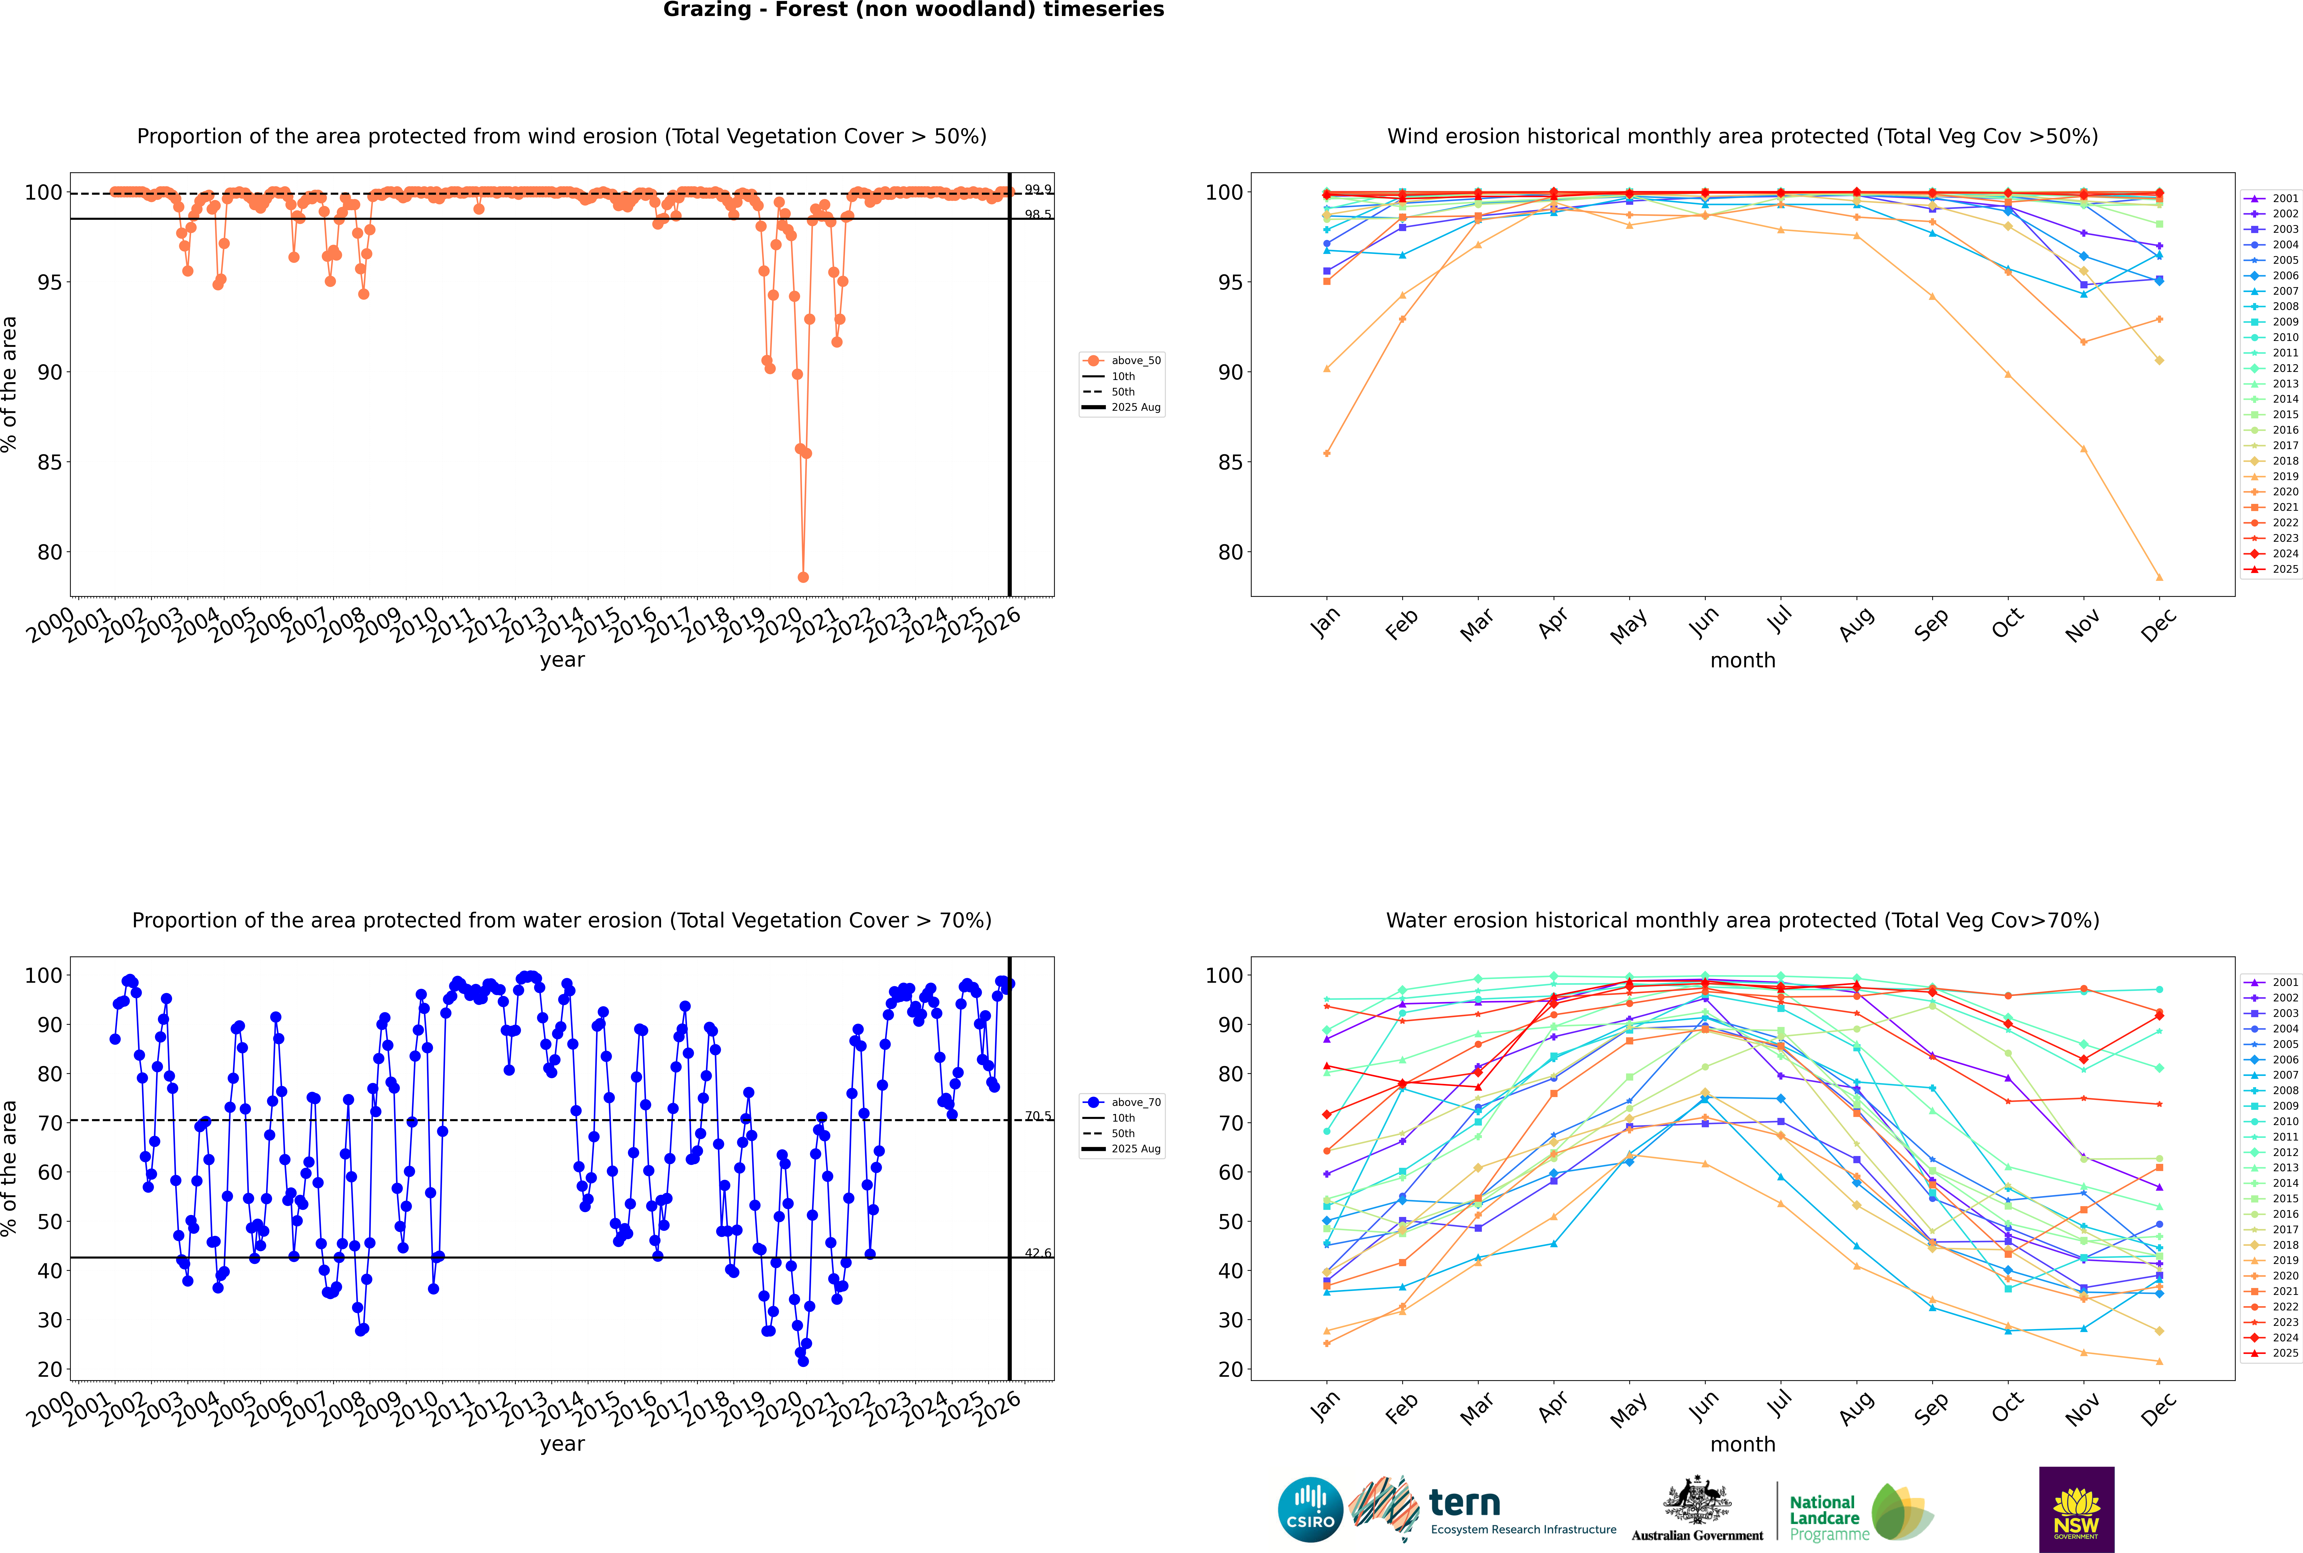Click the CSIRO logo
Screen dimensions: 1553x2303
pos(1310,1510)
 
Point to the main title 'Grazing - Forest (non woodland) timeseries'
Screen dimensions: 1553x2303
pos(913,10)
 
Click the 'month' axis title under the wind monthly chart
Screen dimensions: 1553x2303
pos(1743,661)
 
